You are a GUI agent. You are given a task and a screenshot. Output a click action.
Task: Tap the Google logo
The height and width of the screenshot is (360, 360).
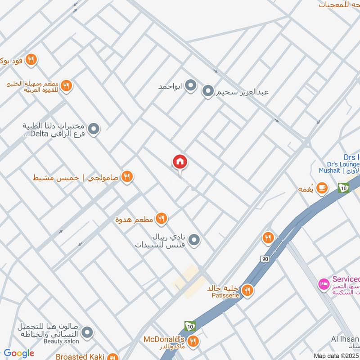coord(19,353)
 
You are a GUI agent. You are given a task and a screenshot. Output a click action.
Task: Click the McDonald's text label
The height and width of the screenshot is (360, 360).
coord(165,339)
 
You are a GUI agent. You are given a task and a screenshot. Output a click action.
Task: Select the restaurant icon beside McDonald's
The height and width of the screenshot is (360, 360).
coord(193,341)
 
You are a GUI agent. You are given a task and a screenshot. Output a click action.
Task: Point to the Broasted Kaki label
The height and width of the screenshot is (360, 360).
coord(80,356)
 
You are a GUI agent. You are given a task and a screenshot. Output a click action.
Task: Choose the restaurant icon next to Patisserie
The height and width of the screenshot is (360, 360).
coord(247,291)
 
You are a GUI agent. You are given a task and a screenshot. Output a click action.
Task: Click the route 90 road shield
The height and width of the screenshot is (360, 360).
coord(264,259)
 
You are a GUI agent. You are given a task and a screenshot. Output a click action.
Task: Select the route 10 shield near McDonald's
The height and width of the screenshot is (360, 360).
coord(190,325)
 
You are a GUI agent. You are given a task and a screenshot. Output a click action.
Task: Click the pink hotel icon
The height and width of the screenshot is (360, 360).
coord(323,284)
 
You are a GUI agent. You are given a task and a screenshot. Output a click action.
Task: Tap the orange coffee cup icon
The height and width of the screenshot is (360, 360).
coord(322,189)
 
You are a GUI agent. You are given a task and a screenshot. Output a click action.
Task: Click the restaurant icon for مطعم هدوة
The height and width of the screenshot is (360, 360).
coord(161,219)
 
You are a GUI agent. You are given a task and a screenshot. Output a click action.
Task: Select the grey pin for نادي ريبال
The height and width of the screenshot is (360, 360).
coord(194,240)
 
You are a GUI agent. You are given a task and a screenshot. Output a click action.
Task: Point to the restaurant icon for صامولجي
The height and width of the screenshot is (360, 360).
coord(127,177)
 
